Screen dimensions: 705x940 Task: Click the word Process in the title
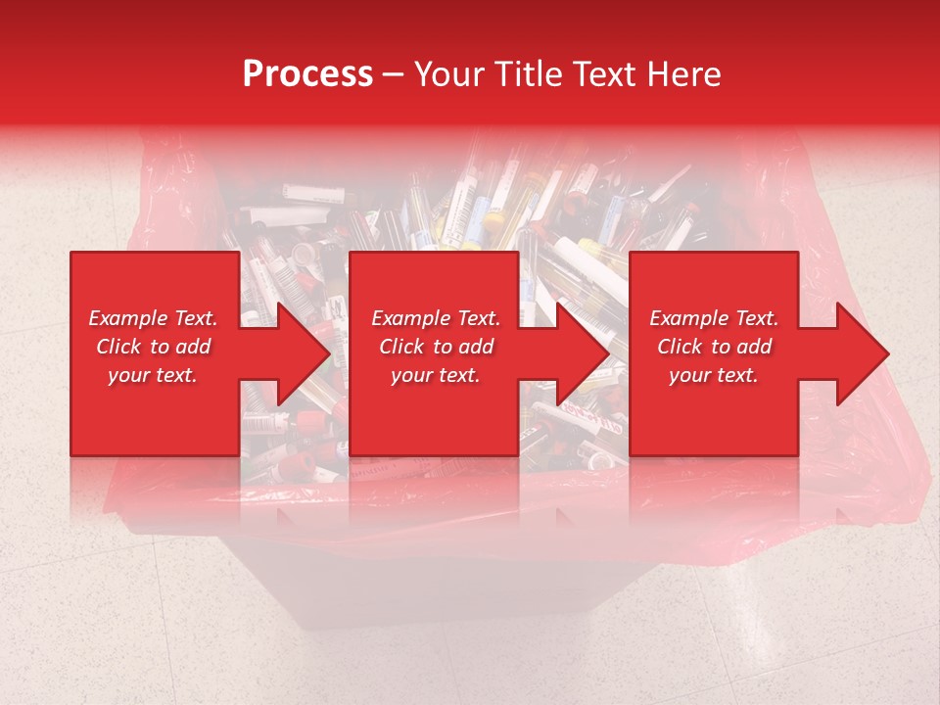[x=307, y=74]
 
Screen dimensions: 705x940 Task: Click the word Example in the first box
[x=128, y=318]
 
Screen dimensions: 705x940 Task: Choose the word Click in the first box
[x=118, y=347]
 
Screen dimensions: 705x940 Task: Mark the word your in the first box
[x=127, y=375]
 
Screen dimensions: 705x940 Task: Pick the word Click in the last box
[x=680, y=347]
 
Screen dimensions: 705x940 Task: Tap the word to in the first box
[x=159, y=347]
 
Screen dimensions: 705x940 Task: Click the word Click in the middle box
[x=401, y=347]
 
